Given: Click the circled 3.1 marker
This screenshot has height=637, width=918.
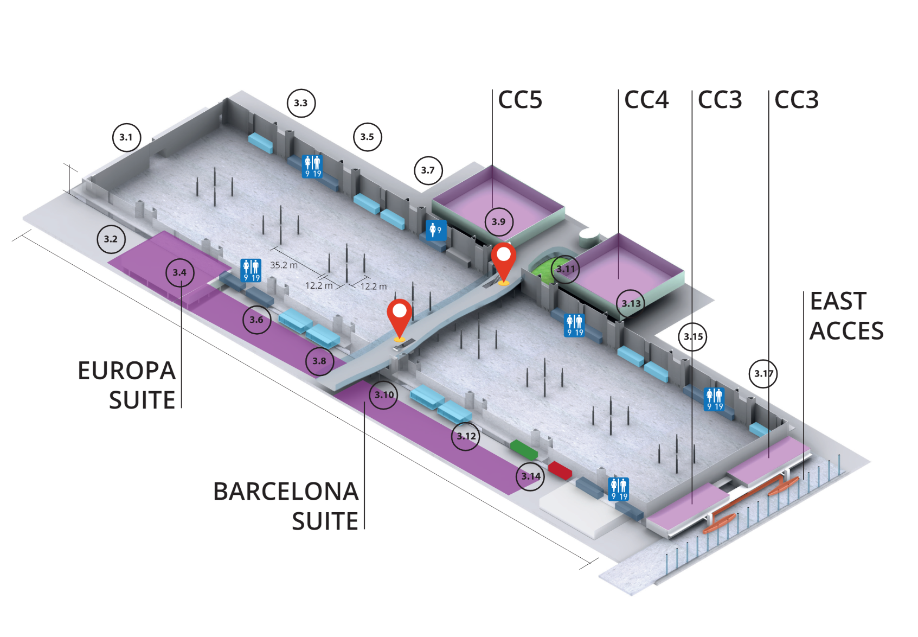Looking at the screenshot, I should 126,137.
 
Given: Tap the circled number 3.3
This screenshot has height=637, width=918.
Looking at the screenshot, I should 301,103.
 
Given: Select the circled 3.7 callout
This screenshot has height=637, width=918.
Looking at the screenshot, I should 428,170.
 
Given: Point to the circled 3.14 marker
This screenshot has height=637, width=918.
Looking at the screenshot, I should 530,476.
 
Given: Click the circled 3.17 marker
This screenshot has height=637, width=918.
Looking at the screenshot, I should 763,373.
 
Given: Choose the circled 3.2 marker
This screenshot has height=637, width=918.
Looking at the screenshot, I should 111,239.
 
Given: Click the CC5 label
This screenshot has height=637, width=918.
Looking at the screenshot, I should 520,100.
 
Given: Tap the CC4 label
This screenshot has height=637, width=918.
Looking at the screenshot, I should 646,100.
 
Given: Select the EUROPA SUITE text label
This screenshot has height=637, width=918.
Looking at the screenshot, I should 127,385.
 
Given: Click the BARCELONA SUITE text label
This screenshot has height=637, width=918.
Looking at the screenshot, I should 286,506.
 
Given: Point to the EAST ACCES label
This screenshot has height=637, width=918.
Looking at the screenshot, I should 846,316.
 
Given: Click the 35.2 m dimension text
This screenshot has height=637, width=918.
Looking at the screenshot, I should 284,265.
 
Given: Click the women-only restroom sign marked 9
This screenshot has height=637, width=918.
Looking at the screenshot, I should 436,230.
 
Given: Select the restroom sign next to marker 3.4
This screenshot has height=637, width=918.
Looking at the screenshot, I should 251,270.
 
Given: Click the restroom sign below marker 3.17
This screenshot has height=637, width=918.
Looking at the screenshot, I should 714,399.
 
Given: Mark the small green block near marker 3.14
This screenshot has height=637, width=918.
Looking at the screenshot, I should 524,449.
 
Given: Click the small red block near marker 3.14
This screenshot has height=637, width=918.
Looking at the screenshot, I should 560,470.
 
